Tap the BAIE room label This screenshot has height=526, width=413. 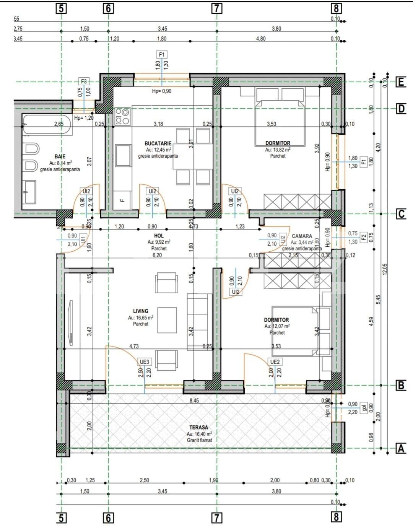(60, 156)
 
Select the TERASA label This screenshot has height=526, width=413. (199, 427)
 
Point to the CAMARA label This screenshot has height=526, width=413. (302, 236)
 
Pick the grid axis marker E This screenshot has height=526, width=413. (400, 82)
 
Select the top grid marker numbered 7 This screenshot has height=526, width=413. (216, 8)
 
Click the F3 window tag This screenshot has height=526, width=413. (84, 81)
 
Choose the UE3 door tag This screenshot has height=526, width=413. (145, 362)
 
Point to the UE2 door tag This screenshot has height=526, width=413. (275, 362)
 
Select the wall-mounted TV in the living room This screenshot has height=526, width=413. (71, 323)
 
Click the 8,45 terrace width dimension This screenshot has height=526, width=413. (194, 401)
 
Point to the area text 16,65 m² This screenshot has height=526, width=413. (141, 318)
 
